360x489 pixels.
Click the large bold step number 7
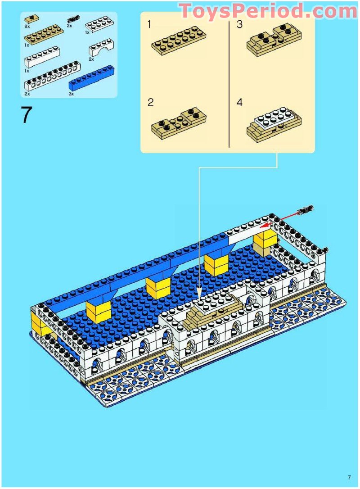(x=27, y=115)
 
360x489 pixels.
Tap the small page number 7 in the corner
(x=349, y=477)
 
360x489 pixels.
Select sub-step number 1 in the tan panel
(x=149, y=24)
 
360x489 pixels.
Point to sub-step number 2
(x=151, y=103)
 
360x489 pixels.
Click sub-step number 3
(x=239, y=24)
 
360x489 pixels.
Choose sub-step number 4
(x=239, y=103)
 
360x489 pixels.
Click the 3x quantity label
(x=72, y=94)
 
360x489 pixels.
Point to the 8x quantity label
(x=27, y=27)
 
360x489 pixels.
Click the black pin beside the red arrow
(x=306, y=209)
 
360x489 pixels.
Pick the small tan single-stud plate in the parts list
(x=32, y=19)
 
